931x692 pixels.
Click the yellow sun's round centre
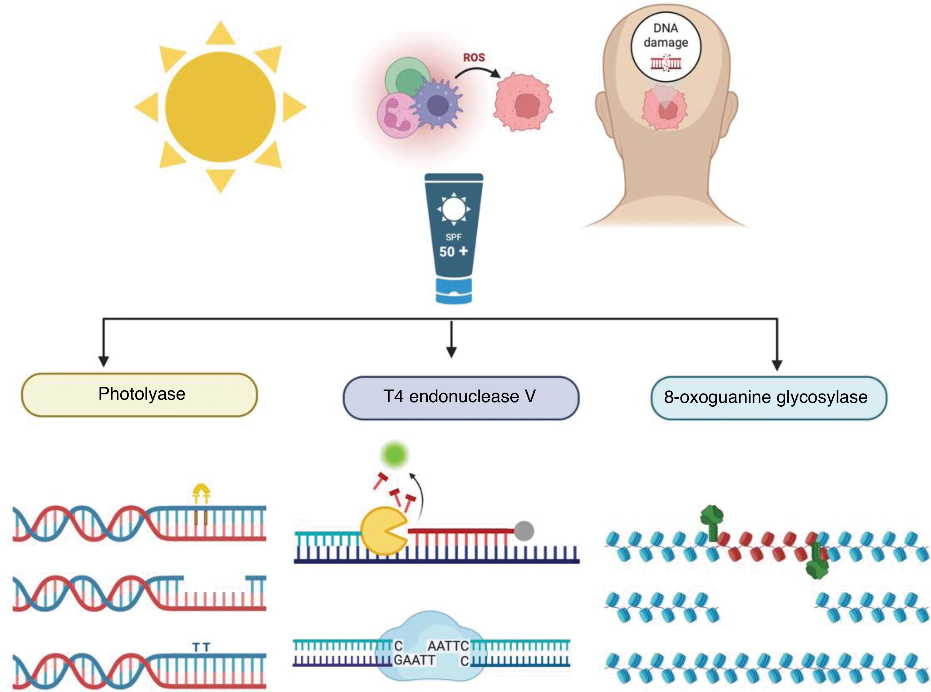click(220, 107)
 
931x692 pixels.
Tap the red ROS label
click(474, 57)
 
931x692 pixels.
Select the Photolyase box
click(139, 395)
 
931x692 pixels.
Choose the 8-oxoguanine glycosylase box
click(769, 397)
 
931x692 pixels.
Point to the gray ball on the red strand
click(524, 531)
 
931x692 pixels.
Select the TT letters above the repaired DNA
click(201, 647)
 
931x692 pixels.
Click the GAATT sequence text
click(415, 661)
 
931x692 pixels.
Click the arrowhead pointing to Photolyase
click(103, 361)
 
